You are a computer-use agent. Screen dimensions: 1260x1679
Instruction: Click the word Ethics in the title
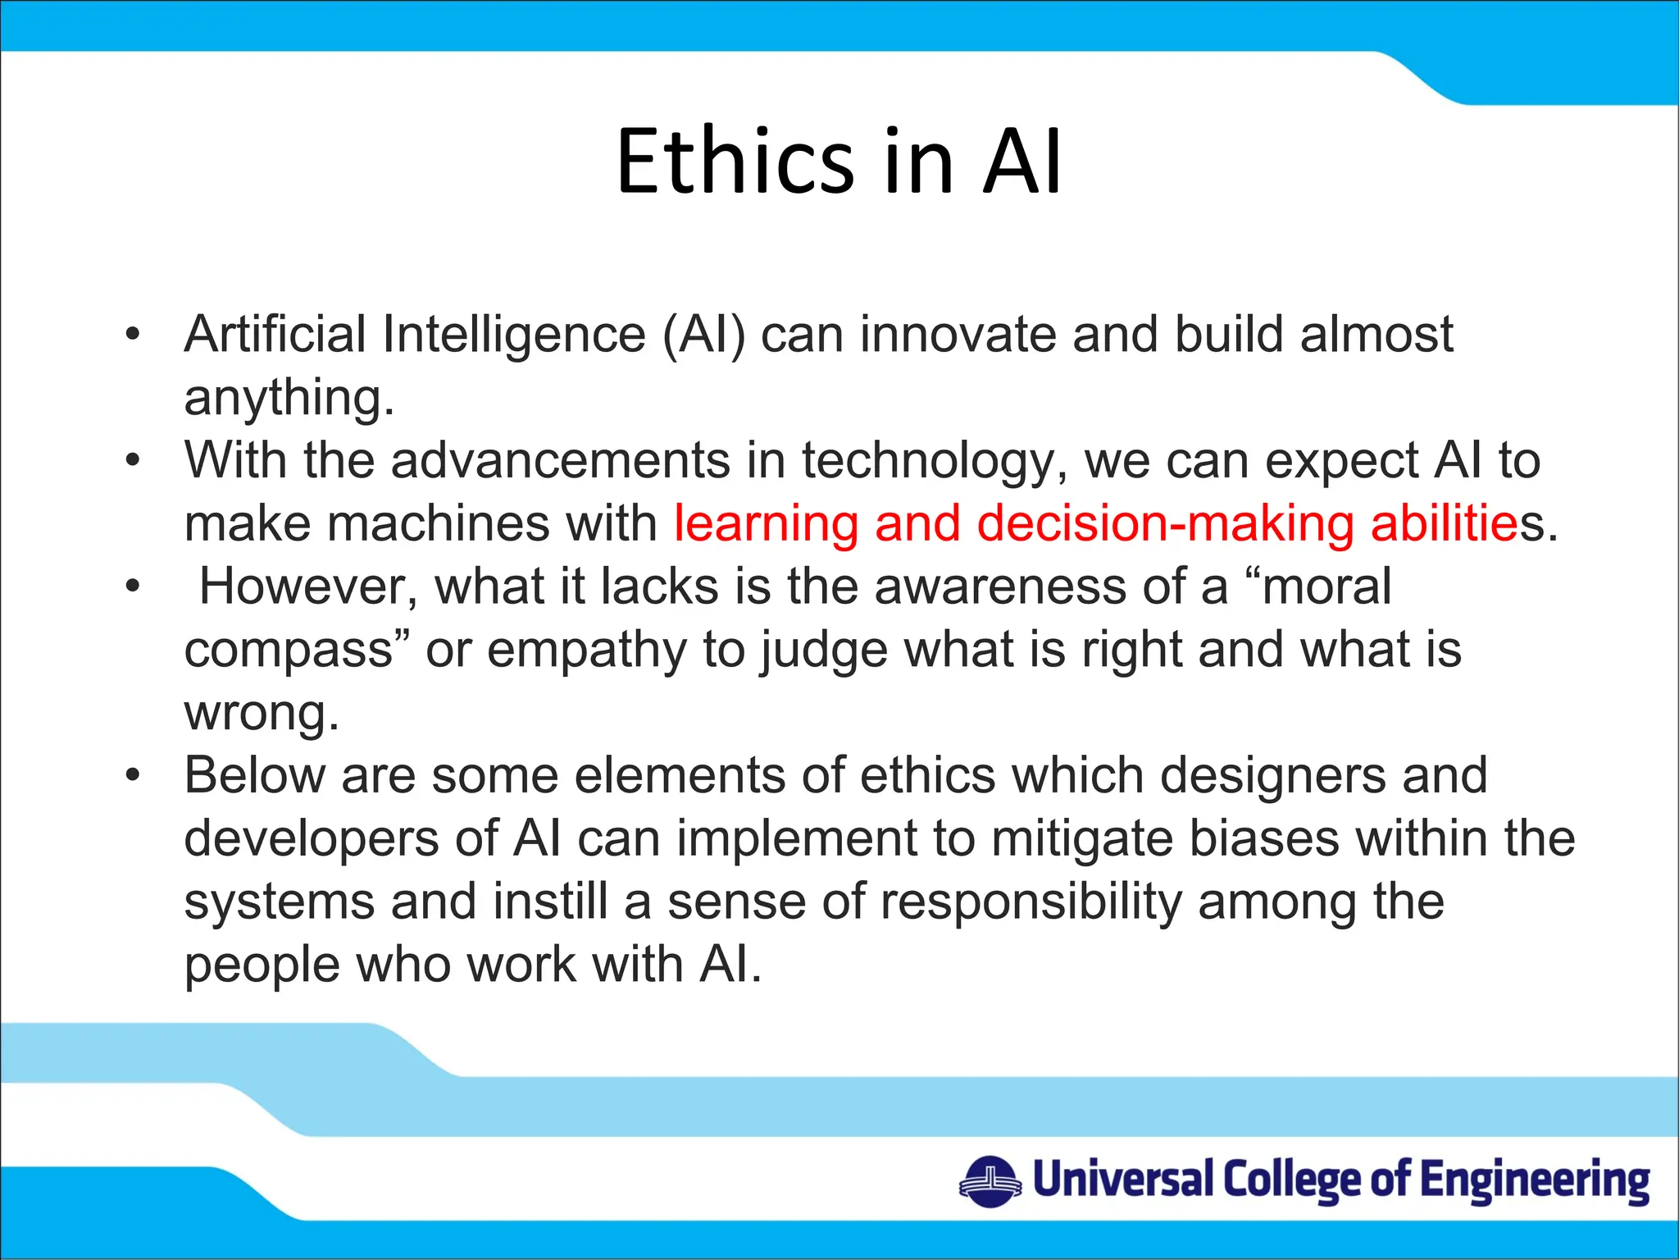tap(735, 162)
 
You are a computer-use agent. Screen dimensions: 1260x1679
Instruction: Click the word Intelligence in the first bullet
tap(514, 335)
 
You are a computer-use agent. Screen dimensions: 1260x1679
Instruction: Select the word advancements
tap(560, 460)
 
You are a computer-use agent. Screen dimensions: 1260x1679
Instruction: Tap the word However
tap(307, 587)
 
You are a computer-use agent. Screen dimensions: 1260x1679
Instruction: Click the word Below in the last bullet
tap(254, 775)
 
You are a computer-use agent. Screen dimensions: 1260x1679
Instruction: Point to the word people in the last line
tap(262, 966)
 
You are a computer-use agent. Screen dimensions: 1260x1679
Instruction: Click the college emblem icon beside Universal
tap(990, 1181)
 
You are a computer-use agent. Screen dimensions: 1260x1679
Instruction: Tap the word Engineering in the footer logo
tap(1534, 1181)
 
